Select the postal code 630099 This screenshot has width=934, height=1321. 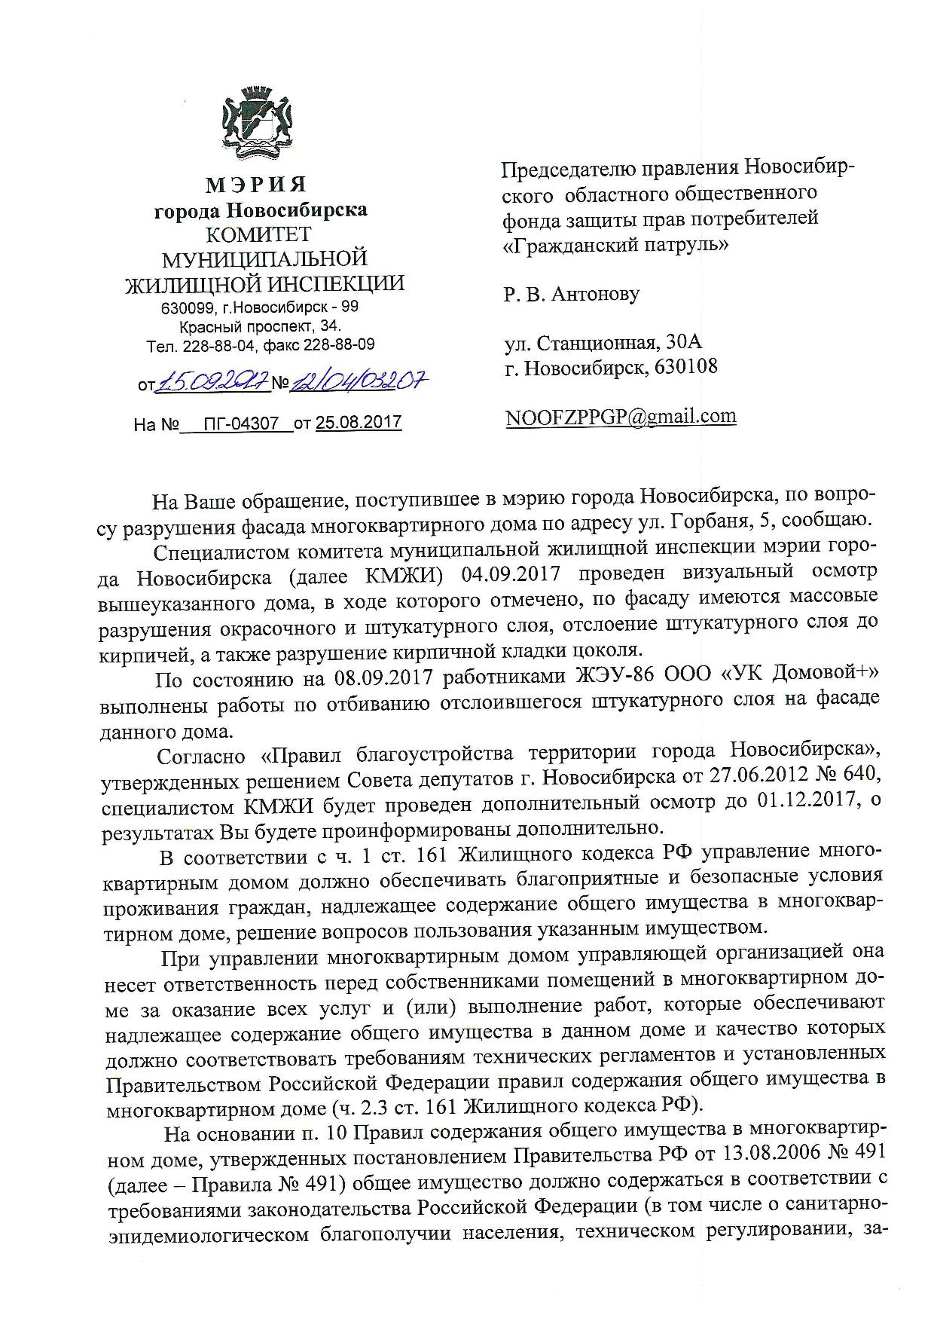pyautogui.click(x=188, y=308)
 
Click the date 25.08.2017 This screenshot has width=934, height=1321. pyautogui.click(x=359, y=424)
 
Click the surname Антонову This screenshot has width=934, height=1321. pyautogui.click(x=596, y=293)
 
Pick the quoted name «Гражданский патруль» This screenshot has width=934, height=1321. pyautogui.click(x=615, y=244)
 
